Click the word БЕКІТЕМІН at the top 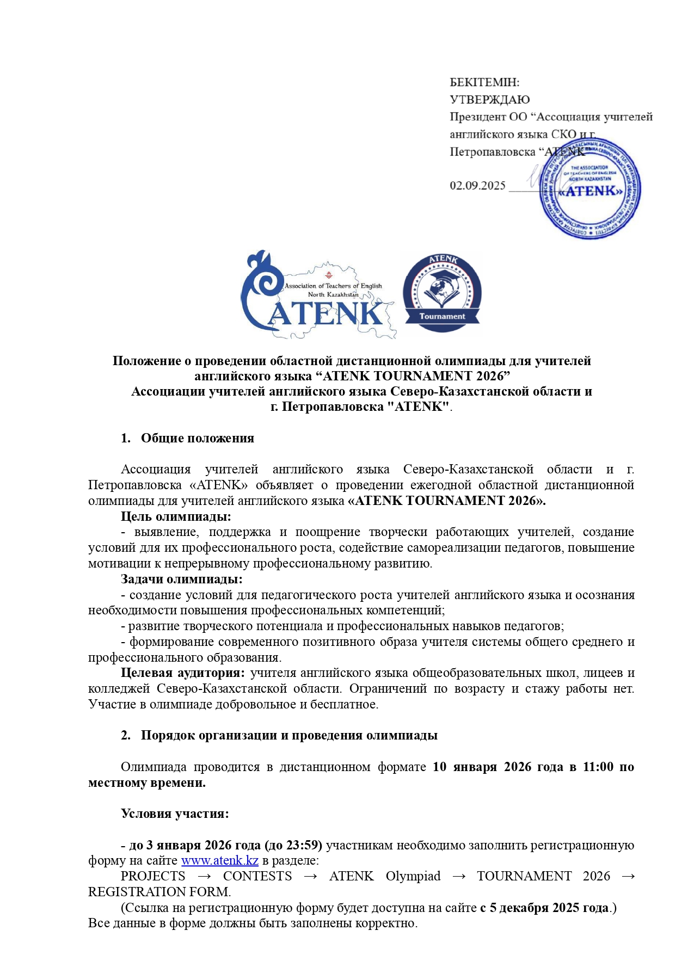484,83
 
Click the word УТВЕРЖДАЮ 489,100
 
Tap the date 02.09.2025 477,186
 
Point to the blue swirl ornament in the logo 259,283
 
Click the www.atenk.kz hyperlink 219,860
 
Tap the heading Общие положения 197,439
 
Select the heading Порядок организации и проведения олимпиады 289,736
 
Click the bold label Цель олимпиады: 176,516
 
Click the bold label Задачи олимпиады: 181,579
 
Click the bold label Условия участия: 175,814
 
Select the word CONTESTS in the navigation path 257,877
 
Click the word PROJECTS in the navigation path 153,877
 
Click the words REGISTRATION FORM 159,892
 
